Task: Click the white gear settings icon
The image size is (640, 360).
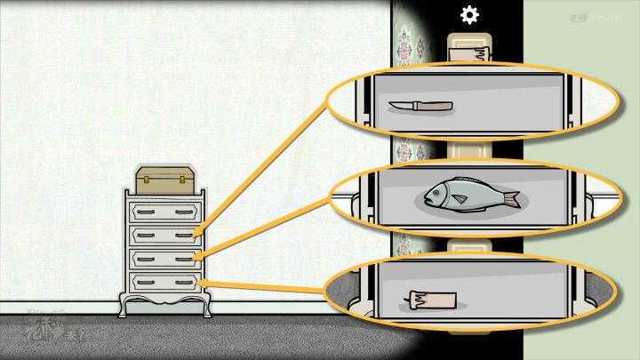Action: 468,14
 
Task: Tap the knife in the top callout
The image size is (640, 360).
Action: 420,107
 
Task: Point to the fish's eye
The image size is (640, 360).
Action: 436,191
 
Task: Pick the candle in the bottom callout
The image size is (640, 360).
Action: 432,300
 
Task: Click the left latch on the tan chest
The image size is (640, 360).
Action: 148,180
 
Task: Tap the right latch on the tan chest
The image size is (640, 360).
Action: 183,180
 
